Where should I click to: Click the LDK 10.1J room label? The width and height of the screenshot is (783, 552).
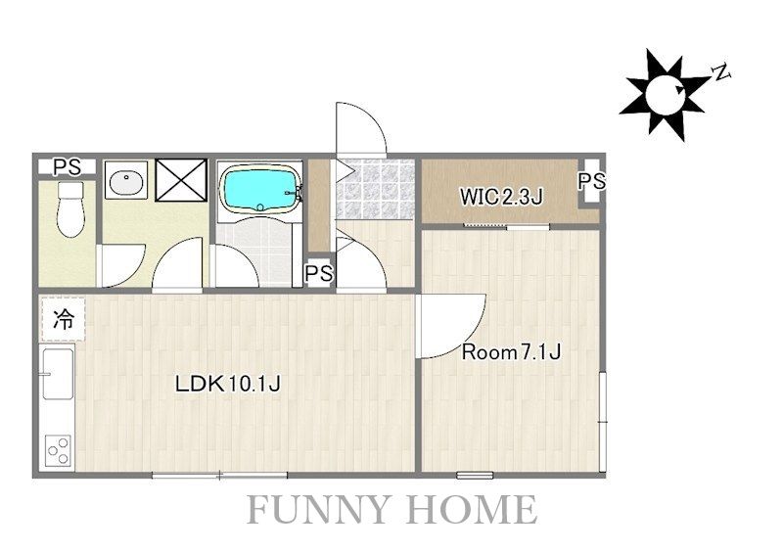coord(228,384)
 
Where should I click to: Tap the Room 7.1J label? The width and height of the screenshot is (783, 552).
coord(511,352)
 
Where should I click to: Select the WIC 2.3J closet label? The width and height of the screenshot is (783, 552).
coord(501,197)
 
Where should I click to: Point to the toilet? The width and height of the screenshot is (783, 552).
coord(70,208)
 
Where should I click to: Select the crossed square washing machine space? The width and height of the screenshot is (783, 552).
coord(181,180)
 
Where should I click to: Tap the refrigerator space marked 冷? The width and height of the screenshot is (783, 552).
coord(64,319)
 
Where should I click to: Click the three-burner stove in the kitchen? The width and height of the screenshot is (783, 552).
coord(59,450)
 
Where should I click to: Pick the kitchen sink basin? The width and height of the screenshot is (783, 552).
coord(58,374)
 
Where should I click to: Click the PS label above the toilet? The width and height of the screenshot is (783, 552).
coord(68,166)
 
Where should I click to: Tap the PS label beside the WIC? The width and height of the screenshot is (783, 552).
coord(592,181)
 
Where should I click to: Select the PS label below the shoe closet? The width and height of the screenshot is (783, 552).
coord(319,273)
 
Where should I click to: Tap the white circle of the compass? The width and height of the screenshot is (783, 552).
coord(665,94)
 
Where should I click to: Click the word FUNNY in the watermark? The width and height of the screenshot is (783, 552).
coord(317,509)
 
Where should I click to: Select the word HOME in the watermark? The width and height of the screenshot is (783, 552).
coord(472,509)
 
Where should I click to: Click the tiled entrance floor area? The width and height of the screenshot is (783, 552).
coord(376,189)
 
